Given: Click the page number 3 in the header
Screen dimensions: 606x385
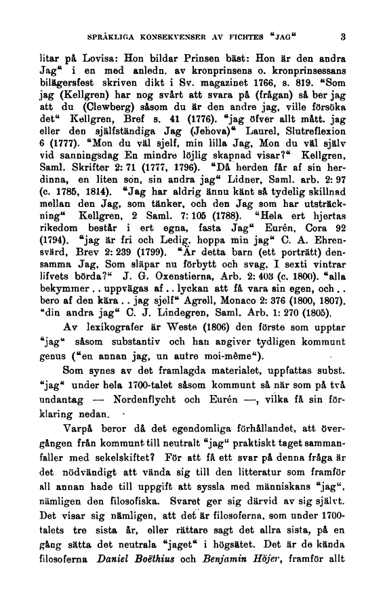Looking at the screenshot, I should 344,37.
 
